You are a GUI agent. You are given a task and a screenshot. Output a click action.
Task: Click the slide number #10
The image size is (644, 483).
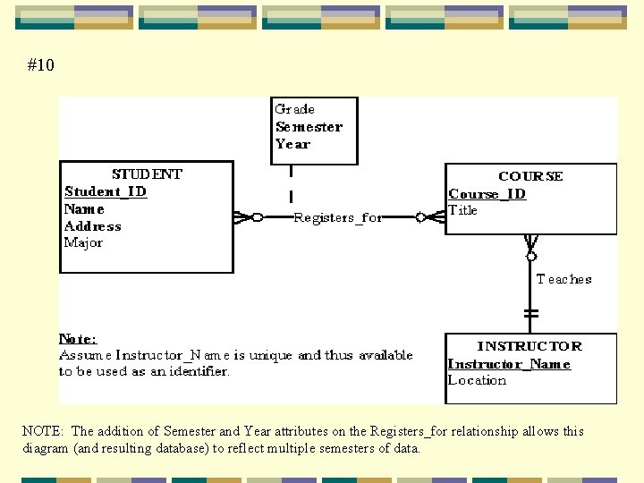tap(41, 65)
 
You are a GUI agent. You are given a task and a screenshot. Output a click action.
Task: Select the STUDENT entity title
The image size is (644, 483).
tap(147, 174)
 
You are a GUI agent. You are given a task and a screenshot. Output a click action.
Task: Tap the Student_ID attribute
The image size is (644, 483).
tap(106, 191)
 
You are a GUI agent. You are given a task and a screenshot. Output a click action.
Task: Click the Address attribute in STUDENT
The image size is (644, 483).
tap(92, 225)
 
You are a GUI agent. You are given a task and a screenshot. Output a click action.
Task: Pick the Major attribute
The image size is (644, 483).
tap(83, 242)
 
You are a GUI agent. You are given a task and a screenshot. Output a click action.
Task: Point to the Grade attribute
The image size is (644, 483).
tap(294, 109)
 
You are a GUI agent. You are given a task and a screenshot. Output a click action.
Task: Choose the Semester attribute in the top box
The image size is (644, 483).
tap(309, 127)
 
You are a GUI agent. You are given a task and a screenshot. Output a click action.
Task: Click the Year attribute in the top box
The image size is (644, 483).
tap(292, 144)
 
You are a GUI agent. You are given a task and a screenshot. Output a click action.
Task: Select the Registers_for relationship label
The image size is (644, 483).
tap(338, 217)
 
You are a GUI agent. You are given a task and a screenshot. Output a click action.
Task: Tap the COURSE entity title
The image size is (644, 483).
tap(530, 176)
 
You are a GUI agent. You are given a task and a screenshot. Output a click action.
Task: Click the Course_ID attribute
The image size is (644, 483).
tap(487, 194)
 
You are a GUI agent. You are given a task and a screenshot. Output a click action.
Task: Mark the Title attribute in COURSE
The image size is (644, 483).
tap(463, 210)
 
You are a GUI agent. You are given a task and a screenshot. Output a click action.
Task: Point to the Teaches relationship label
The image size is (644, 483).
tap(563, 279)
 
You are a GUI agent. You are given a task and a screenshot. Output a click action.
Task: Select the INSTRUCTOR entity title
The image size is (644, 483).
tap(530, 346)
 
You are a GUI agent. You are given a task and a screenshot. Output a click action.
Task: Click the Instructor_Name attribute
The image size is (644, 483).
tap(509, 364)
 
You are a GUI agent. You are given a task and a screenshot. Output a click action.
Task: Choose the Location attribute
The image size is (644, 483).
tap(477, 380)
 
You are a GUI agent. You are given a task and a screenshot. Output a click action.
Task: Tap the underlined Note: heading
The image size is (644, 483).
tap(78, 338)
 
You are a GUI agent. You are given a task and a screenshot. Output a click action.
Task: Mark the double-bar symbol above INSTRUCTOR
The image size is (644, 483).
tap(531, 314)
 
